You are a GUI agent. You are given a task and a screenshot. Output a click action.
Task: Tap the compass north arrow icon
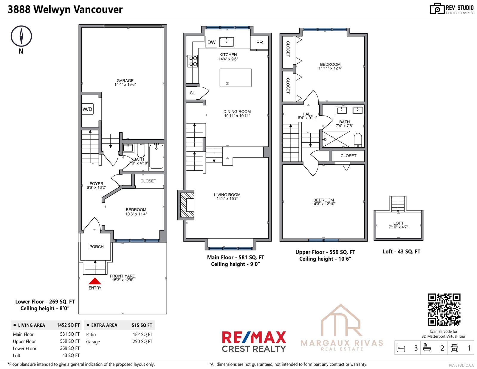21,36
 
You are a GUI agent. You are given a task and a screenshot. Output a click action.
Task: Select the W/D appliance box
87,109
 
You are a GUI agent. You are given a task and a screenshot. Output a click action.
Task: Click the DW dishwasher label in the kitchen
211,42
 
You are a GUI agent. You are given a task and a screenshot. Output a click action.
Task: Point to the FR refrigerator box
259,43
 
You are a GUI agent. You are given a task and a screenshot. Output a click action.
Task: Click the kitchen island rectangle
236,78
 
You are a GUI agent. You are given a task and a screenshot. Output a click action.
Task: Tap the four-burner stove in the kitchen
193,61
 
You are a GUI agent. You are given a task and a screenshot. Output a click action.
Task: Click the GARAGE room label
125,81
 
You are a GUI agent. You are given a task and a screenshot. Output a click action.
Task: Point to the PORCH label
96,247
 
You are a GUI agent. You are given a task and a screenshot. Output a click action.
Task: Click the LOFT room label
398,223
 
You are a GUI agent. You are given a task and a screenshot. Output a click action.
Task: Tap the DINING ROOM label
237,112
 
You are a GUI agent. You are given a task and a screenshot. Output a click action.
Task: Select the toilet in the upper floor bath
358,140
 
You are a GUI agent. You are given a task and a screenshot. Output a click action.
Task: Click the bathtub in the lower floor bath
156,157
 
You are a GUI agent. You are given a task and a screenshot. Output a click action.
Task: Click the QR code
444,309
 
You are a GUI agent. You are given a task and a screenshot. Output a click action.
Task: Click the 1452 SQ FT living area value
68,325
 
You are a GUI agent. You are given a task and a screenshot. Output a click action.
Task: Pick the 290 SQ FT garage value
143,341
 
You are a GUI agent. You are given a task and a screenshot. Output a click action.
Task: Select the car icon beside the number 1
454,348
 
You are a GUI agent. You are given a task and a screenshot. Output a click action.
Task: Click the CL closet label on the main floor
192,93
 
